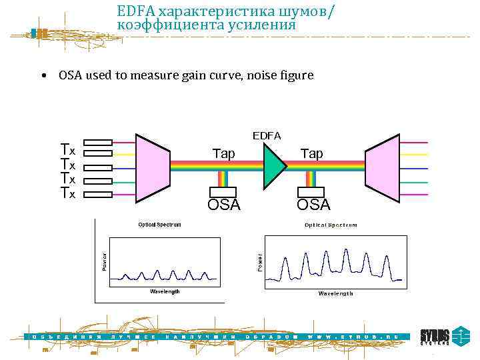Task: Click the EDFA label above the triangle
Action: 267,135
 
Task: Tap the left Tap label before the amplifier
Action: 223,154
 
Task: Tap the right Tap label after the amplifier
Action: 311,154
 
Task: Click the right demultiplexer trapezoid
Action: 383,167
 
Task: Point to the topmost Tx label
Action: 68,149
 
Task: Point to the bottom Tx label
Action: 68,193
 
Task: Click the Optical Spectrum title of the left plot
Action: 159,225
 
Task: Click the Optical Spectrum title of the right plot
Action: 331,225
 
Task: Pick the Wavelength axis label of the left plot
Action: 164,291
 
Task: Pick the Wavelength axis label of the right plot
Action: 335,293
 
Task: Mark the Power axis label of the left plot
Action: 104,261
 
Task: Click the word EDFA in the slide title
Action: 136,11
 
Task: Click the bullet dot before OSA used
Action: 43,76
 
